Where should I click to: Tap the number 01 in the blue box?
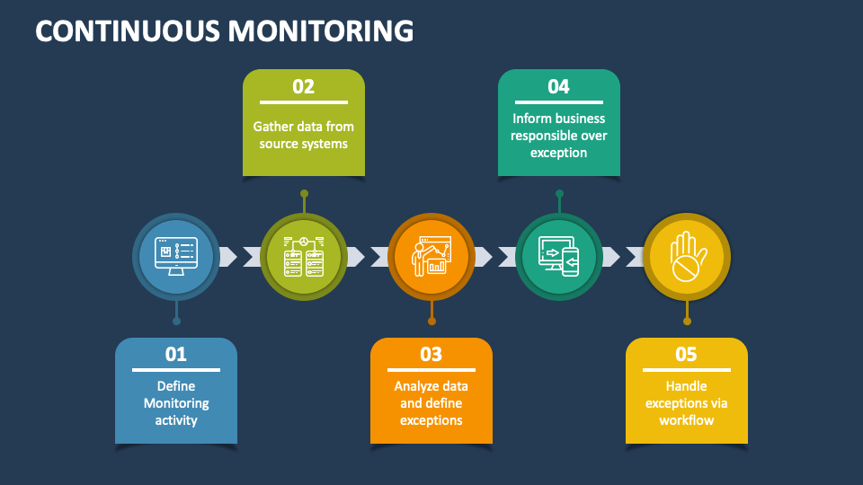point(176,354)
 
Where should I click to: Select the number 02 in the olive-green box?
point(304,86)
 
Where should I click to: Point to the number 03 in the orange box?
point(431,354)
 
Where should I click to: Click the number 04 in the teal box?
point(558,86)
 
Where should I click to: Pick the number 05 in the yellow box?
point(686,354)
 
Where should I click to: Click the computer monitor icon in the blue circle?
point(176,256)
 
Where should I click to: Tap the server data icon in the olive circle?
point(304,256)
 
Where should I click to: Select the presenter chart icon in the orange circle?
point(431,256)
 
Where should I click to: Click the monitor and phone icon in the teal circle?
point(558,256)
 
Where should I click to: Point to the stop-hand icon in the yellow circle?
point(687,256)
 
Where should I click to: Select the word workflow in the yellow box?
point(686,420)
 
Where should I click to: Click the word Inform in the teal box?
point(533,119)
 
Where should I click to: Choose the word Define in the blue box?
point(176,386)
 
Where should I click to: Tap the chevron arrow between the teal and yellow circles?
point(611,257)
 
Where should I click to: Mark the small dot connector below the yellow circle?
point(687,321)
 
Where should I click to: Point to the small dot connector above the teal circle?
point(559,193)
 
